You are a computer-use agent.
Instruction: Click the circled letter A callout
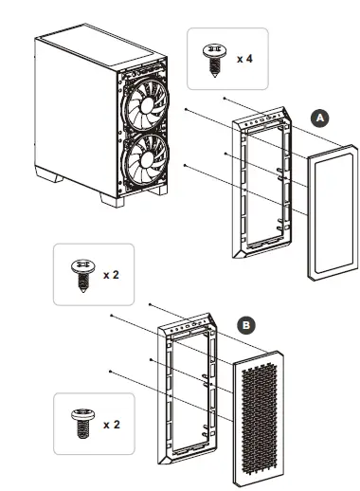click(319, 118)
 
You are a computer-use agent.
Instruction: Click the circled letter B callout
click(245, 324)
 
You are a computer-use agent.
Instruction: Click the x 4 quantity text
click(243, 58)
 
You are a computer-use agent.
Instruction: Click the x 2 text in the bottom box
click(113, 424)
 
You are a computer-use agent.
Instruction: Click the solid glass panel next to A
click(330, 213)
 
